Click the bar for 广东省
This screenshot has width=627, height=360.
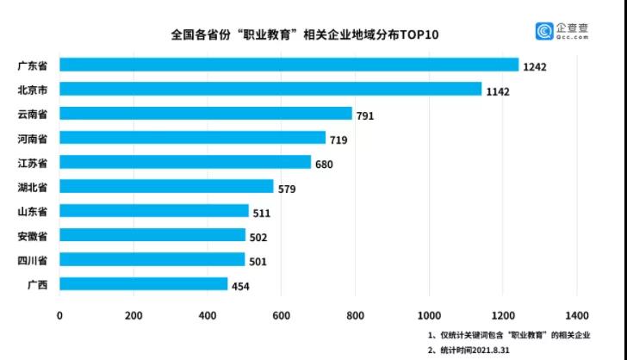tap(289, 65)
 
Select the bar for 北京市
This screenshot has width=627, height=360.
tap(270, 89)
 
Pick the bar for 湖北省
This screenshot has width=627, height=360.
tap(166, 186)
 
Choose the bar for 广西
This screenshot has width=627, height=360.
tap(143, 283)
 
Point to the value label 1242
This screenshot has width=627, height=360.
tap(536, 67)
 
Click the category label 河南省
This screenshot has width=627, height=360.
tap(32, 138)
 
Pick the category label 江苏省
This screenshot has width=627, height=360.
tap(32, 162)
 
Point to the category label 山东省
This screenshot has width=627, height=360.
tap(32, 211)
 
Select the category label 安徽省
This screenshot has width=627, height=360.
tap(32, 235)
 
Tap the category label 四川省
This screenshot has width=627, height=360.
tap(32, 259)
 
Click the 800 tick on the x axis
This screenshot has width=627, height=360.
tap(355, 315)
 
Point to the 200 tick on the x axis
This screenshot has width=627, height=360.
tap(133, 315)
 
